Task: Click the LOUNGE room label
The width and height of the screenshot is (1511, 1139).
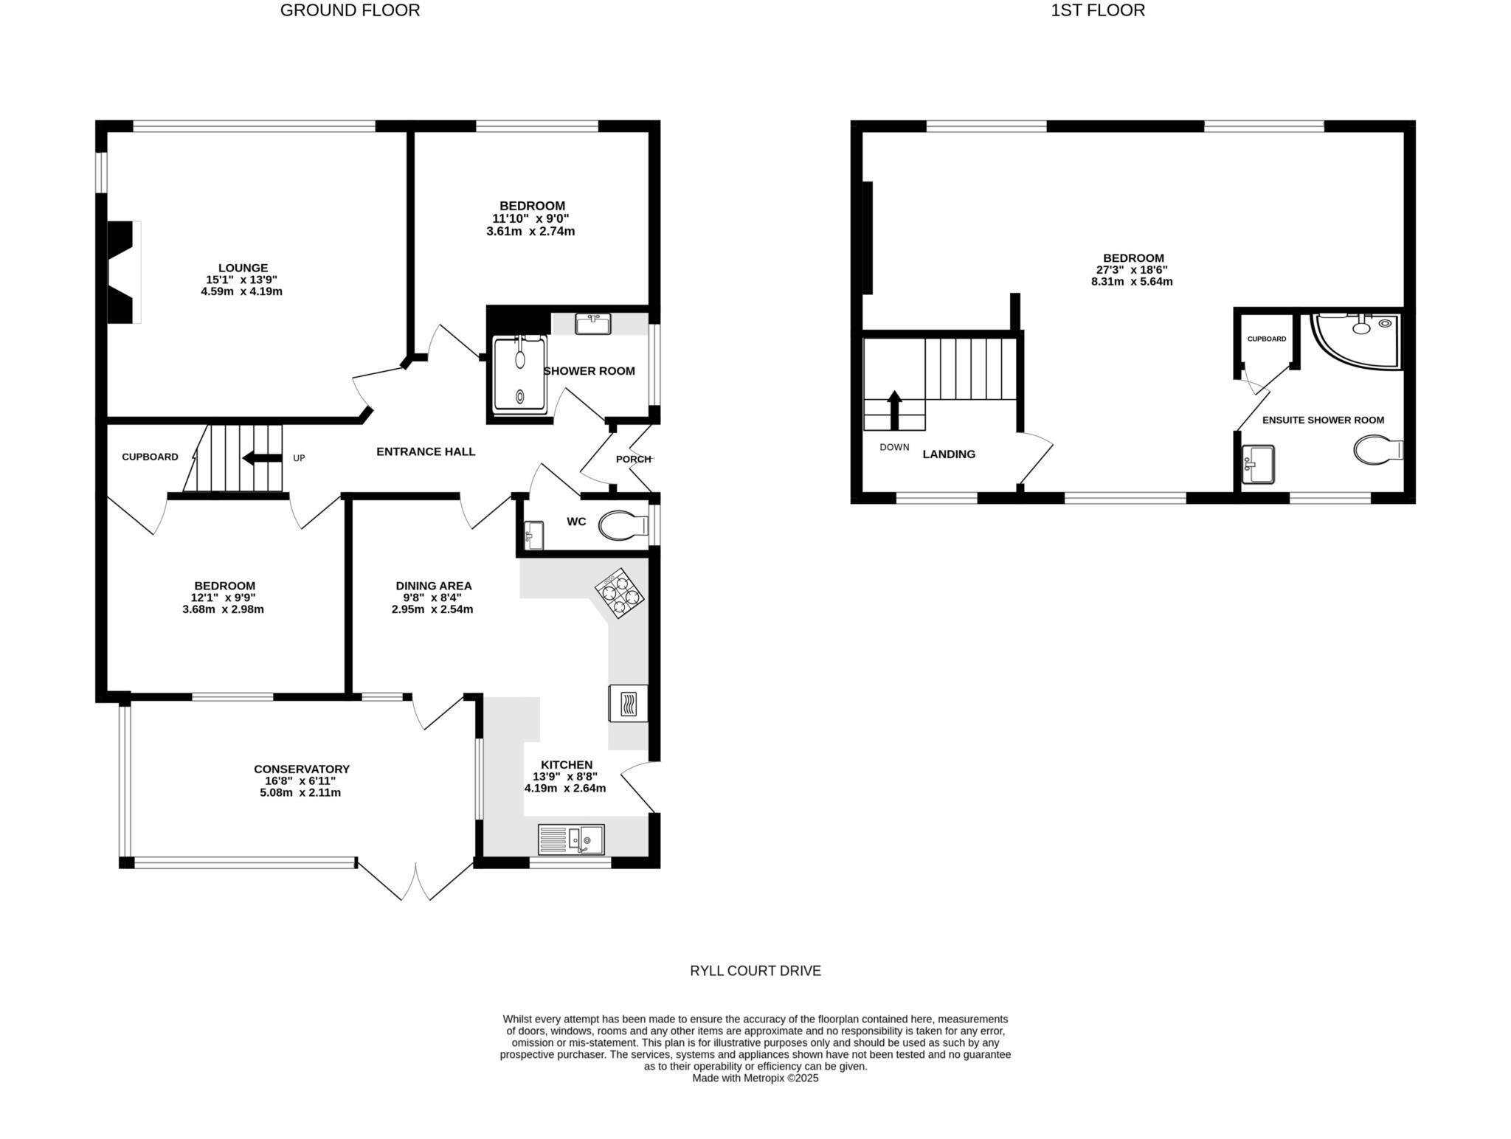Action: click(x=243, y=268)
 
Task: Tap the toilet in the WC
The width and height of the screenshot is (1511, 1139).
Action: click(x=624, y=527)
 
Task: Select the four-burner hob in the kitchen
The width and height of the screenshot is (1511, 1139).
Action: click(x=619, y=592)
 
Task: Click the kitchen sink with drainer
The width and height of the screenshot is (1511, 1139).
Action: click(x=571, y=839)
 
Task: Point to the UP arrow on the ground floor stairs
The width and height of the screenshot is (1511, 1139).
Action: click(x=263, y=458)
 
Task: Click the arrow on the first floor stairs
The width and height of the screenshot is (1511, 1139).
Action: click(x=894, y=410)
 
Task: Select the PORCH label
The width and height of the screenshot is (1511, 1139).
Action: click(x=634, y=459)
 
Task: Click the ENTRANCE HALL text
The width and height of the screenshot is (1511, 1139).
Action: click(x=426, y=451)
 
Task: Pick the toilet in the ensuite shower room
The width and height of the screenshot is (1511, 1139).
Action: click(x=1378, y=450)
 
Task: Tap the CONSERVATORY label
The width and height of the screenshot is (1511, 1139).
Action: click(x=302, y=769)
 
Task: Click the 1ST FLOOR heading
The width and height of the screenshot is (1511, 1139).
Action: click(x=1098, y=10)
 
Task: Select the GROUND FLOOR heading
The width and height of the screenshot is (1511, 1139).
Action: click(x=350, y=10)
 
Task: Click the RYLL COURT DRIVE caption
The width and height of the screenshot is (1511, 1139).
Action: click(x=755, y=971)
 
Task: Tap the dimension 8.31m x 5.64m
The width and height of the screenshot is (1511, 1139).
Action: click(x=1132, y=281)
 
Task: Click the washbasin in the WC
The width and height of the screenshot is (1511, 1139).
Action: click(x=534, y=535)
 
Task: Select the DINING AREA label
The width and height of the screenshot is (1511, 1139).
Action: click(x=434, y=586)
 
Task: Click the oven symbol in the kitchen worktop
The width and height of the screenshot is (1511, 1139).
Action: click(x=628, y=703)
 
